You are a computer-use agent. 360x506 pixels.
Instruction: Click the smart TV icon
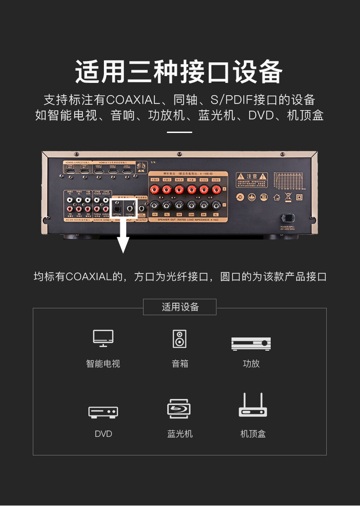(103, 338)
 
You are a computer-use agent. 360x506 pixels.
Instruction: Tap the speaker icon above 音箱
(180, 339)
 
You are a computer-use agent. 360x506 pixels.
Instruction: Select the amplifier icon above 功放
(251, 343)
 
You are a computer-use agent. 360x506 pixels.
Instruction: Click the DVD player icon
(103, 412)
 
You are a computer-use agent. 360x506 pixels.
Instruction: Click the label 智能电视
(103, 363)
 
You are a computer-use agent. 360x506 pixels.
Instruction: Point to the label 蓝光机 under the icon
(180, 434)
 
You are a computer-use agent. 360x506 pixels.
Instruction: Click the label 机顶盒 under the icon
(252, 434)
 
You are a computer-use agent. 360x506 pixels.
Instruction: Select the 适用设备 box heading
(180, 307)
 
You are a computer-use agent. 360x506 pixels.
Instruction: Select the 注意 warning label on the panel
(251, 176)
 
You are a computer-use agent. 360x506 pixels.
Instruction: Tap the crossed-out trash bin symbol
(288, 197)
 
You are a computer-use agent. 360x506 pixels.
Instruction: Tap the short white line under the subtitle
(180, 133)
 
